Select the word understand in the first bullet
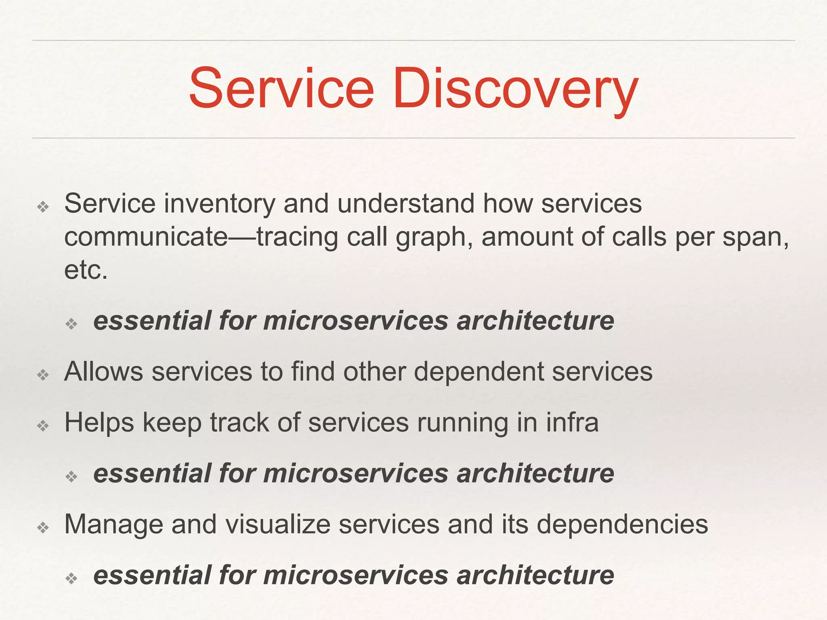(406, 203)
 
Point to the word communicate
(146, 237)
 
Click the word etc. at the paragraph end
(86, 270)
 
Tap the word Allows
(103, 371)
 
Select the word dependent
(479, 372)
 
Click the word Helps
(99, 423)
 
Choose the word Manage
(113, 524)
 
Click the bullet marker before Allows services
(43, 375)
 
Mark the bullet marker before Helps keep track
(43, 426)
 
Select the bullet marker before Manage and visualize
(43, 528)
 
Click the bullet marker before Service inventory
(43, 207)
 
